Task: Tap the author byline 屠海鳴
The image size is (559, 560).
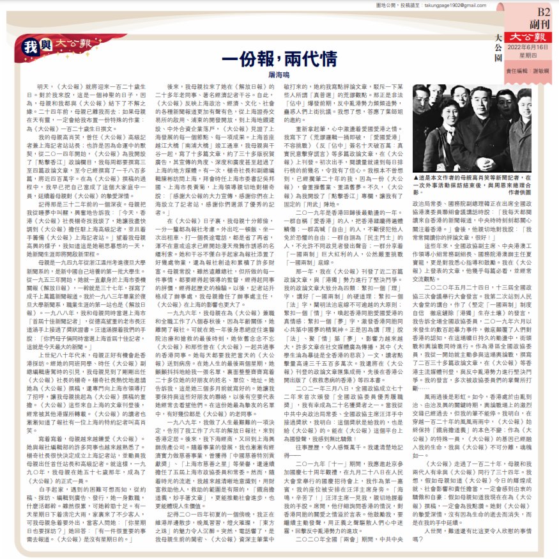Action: coord(279,75)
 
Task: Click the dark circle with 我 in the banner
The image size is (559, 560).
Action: coord(29,46)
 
